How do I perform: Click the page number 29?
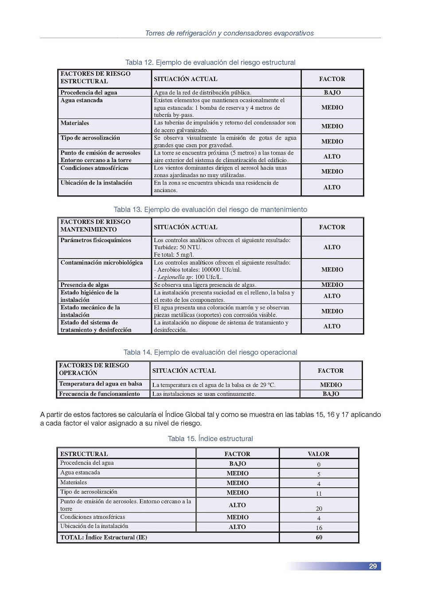tap(373, 566)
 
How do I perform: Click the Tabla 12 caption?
tap(210, 62)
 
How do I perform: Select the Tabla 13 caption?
tap(210, 209)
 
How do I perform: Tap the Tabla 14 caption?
tap(210, 352)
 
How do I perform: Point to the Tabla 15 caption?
tap(210, 439)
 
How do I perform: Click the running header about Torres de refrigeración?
tap(229, 33)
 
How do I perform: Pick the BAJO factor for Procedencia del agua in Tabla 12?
tap(332, 93)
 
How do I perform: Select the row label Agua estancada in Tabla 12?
tap(82, 100)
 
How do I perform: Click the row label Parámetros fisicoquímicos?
tap(96, 240)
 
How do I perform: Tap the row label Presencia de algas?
tap(85, 285)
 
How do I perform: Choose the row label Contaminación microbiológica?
tap(101, 262)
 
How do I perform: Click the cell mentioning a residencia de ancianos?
tap(216, 186)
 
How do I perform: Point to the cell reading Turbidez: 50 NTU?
tap(178, 247)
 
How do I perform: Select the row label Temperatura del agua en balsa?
tap(101, 384)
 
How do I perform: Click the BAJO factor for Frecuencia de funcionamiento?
tap(331, 394)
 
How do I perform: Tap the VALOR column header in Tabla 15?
tap(318, 454)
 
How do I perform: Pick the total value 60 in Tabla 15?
tap(319, 537)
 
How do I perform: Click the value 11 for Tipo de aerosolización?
tap(319, 494)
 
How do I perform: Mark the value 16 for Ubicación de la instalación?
tap(319, 528)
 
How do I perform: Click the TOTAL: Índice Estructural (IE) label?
tap(104, 537)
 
